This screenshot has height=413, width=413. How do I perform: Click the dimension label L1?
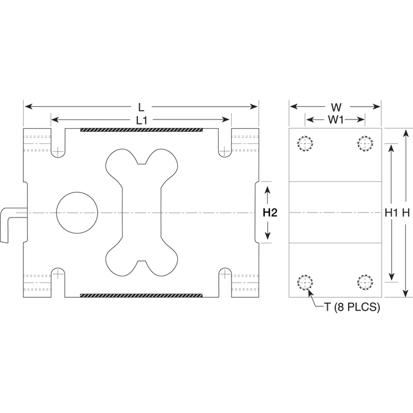(141, 120)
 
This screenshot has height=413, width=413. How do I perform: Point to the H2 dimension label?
(270, 213)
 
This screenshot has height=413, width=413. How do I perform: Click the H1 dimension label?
(390, 213)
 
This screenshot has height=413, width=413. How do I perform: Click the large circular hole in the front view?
(77, 213)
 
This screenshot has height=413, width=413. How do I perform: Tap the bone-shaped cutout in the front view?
(143, 213)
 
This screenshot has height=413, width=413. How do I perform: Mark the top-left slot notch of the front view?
(58, 143)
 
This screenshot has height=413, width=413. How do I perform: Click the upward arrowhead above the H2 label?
(268, 191)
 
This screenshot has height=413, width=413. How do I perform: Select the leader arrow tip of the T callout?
(308, 290)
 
